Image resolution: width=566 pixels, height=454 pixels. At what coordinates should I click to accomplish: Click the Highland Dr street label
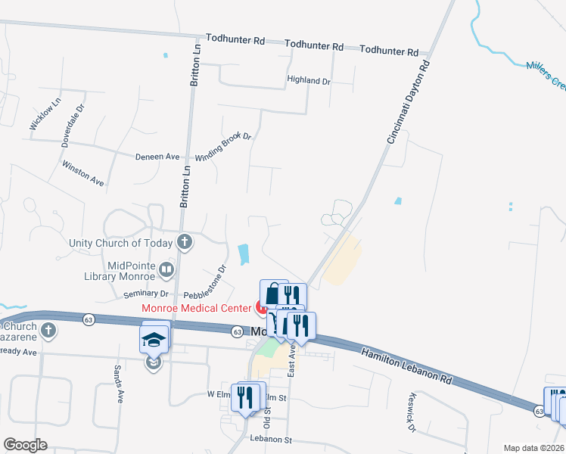pyautogui.click(x=309, y=80)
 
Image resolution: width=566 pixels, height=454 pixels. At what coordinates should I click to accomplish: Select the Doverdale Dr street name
pyautogui.click(x=75, y=120)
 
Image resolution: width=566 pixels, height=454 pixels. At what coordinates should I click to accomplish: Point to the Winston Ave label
pyautogui.click(x=83, y=173)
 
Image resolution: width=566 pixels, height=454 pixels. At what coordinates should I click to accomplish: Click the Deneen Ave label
pyautogui.click(x=157, y=157)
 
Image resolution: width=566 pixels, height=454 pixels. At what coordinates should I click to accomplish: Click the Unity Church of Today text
pyautogui.click(x=121, y=243)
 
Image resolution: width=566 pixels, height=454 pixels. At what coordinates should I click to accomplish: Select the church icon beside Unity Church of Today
pyautogui.click(x=184, y=243)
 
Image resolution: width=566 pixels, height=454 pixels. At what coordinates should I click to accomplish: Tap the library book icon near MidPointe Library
pyautogui.click(x=167, y=268)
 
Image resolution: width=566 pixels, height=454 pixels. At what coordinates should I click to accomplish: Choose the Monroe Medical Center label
pyautogui.click(x=196, y=308)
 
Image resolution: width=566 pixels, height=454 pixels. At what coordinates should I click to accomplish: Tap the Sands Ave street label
pyautogui.click(x=117, y=383)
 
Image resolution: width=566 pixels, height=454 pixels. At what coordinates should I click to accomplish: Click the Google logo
pyautogui.click(x=25, y=445)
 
